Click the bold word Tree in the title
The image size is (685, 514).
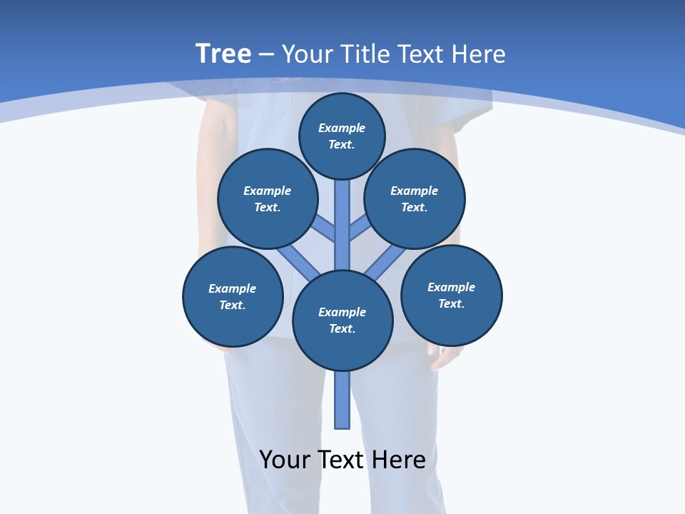pyautogui.click(x=223, y=54)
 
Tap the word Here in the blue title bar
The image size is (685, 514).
pyautogui.click(x=477, y=54)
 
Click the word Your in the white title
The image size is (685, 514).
pyautogui.click(x=306, y=54)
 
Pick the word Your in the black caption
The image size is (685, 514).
pyautogui.click(x=285, y=460)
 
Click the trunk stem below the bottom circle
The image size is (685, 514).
pyautogui.click(x=342, y=400)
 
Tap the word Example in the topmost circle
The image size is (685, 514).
pyautogui.click(x=342, y=128)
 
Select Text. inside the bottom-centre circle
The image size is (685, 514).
pyautogui.click(x=342, y=328)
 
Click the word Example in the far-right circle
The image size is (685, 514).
pyautogui.click(x=451, y=287)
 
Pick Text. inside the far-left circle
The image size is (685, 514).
pyautogui.click(x=233, y=305)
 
